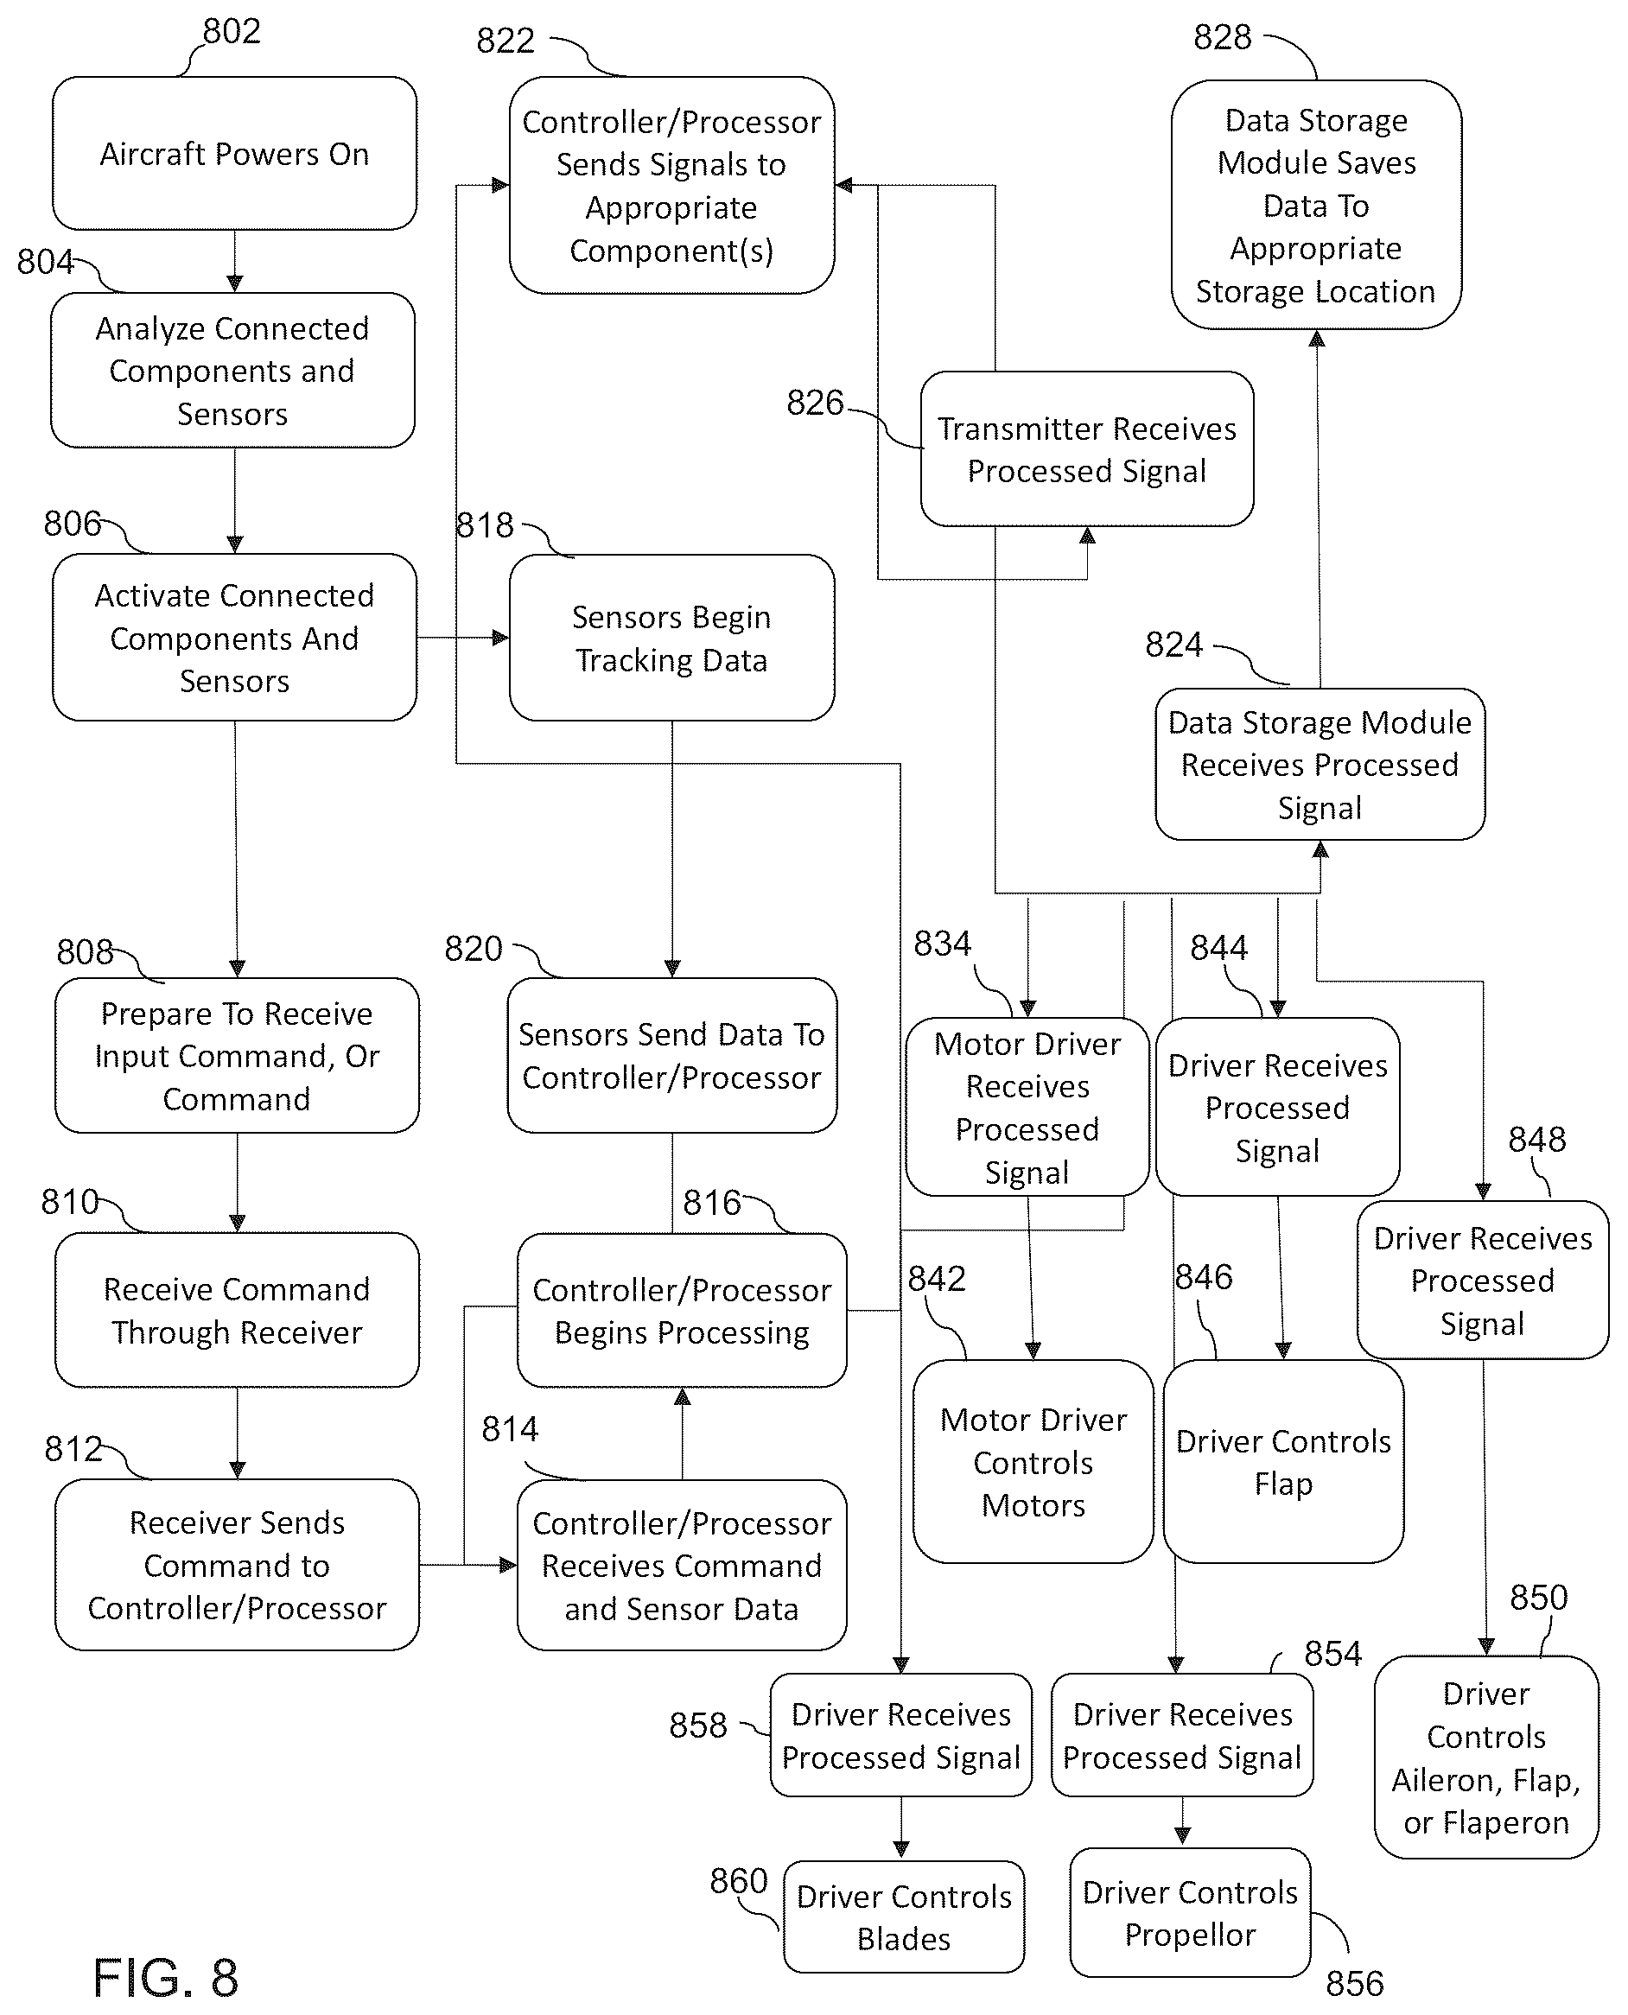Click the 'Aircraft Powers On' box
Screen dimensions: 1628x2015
tap(234, 153)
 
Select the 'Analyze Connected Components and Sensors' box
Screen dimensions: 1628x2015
tap(232, 371)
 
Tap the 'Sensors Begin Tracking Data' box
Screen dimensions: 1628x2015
tap(671, 638)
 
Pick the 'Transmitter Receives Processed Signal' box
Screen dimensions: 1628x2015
tap(1087, 448)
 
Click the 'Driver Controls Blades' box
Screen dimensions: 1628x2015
tap(904, 1916)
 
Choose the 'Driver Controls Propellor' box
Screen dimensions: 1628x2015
tap(1190, 1913)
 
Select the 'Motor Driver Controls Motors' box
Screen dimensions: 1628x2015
tap(1033, 1462)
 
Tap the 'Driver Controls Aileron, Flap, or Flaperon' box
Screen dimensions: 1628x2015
tap(1486, 1758)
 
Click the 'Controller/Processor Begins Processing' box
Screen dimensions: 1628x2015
tap(682, 1310)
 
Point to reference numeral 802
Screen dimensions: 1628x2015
tap(232, 31)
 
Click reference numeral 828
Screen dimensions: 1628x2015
tap(1222, 36)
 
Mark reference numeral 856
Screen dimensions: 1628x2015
tap(1354, 1983)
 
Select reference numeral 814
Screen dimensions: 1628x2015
tap(510, 1429)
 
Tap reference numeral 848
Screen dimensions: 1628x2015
tap(1537, 1139)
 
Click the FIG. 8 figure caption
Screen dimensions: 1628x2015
tap(166, 1979)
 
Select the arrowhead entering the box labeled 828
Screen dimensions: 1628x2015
tap(1317, 338)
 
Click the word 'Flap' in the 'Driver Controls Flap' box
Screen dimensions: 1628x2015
tap(1284, 1484)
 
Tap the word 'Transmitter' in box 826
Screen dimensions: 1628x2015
tap(1011, 429)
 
